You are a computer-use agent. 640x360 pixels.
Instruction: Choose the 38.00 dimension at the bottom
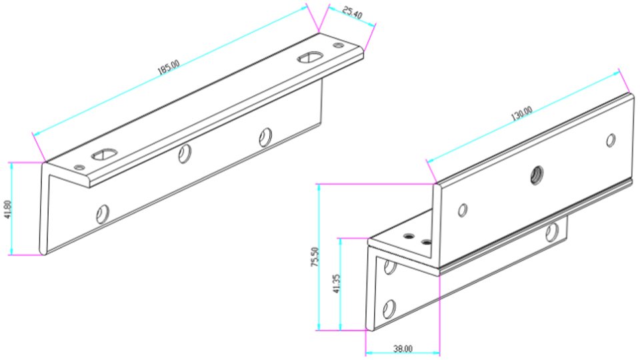(x=403, y=348)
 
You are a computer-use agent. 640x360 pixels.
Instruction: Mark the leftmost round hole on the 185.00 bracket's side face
(x=102, y=213)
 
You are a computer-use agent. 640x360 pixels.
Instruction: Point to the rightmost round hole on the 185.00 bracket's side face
(x=266, y=136)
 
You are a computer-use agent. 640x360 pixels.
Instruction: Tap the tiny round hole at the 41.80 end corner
(x=81, y=166)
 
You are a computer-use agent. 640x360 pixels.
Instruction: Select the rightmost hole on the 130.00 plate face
(x=610, y=141)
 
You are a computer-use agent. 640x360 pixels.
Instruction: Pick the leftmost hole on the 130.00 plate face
(x=462, y=211)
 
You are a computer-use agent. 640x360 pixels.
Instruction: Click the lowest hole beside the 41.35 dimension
(x=389, y=309)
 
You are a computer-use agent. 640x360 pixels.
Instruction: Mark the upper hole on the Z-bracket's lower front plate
(x=388, y=267)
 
